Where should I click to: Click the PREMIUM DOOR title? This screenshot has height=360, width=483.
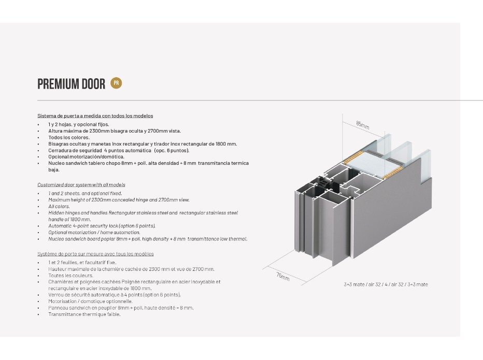[72, 84]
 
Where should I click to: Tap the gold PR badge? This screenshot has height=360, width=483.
[116, 83]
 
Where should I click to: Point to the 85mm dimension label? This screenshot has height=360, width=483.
[363, 125]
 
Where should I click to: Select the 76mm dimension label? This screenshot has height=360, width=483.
[282, 275]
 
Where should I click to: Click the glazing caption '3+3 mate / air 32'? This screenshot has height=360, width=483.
[386, 284]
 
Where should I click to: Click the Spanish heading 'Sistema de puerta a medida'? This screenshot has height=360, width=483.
[95, 116]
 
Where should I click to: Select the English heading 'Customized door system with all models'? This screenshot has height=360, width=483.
[81, 184]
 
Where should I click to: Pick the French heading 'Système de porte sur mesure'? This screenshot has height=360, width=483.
[95, 254]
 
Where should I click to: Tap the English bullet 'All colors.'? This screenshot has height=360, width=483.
[59, 206]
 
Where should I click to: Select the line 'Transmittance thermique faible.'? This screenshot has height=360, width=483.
[84, 314]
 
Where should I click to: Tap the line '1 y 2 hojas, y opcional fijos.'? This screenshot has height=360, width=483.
[79, 124]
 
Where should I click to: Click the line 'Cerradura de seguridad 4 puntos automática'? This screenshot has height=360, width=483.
[119, 150]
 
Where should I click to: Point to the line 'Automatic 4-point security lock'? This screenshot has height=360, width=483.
[102, 226]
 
